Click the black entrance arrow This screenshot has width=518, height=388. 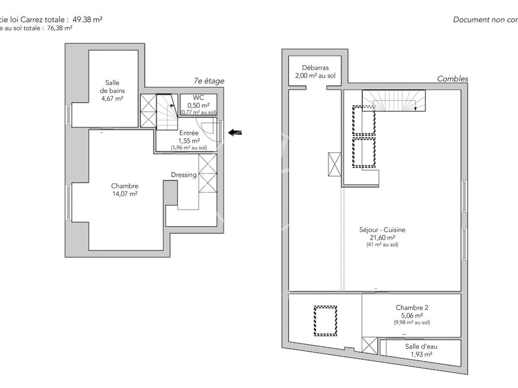click(x=235, y=132)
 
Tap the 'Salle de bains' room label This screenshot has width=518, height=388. click(x=112, y=90)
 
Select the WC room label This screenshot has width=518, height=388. click(x=198, y=98)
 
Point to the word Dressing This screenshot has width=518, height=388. click(x=183, y=175)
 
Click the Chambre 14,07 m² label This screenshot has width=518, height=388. click(x=124, y=190)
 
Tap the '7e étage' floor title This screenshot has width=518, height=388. click(x=209, y=81)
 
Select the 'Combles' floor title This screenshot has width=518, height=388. click(x=452, y=79)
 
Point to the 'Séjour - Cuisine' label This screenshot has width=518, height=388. click(x=382, y=230)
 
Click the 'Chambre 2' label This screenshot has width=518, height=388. click(x=412, y=308)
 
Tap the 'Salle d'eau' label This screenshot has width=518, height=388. click(x=421, y=346)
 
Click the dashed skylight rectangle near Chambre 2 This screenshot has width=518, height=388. click(x=325, y=321)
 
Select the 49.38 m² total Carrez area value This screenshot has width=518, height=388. click(x=87, y=19)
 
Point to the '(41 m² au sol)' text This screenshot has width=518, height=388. click(x=382, y=245)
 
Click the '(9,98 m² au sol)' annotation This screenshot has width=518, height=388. click(x=412, y=322)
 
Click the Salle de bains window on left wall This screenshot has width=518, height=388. click(x=68, y=115)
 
